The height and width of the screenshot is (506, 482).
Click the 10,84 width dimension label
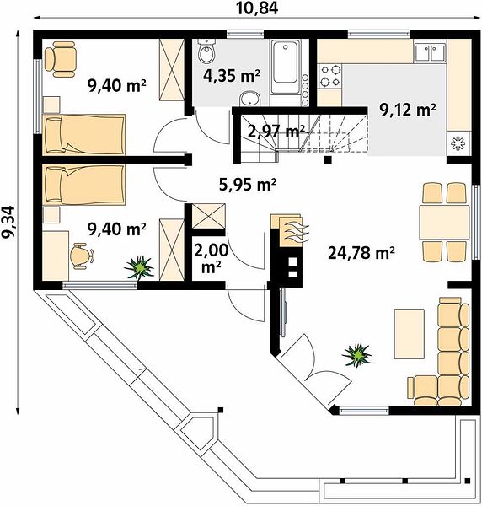click(x=257, y=8)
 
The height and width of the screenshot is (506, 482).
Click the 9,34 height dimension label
click(x=8, y=222)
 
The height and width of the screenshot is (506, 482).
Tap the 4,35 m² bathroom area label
click(x=232, y=76)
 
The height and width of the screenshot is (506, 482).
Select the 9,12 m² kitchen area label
click(x=408, y=110)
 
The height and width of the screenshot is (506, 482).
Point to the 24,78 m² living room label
click(x=361, y=253)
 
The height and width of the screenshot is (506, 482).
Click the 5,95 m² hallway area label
click(x=248, y=185)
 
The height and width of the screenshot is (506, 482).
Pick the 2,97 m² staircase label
click(x=276, y=132)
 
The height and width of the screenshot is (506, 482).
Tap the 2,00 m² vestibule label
click(x=212, y=258)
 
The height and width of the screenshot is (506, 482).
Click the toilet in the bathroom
click(x=206, y=51)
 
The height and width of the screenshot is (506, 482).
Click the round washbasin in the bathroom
click(x=250, y=98)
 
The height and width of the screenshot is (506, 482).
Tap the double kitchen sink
click(x=430, y=52)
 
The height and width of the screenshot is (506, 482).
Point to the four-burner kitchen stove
click(x=330, y=76)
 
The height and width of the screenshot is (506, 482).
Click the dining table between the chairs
click(x=444, y=222)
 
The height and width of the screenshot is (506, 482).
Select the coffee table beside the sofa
click(x=410, y=334)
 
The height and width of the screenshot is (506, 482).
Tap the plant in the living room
click(x=357, y=355)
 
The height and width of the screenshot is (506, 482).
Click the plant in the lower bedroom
click(x=139, y=267)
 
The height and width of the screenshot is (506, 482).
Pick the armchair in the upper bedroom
click(x=61, y=59)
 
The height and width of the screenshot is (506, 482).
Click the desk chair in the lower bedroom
click(x=82, y=256)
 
